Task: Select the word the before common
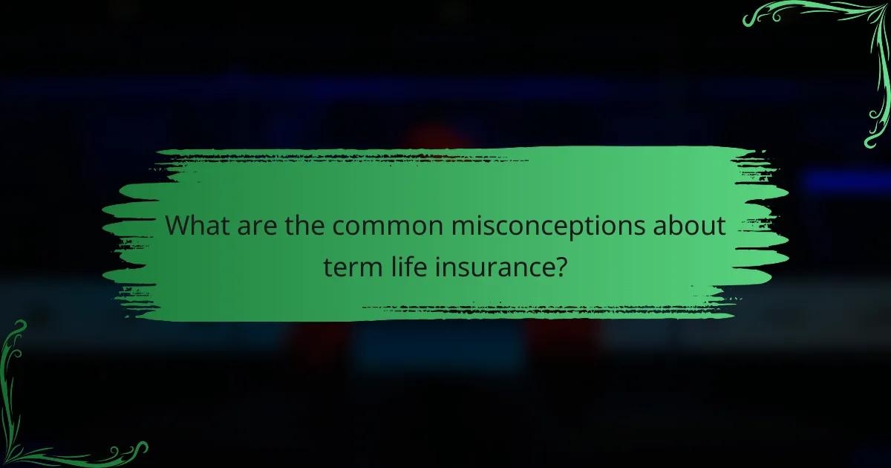coord(303,227)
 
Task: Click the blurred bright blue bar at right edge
coord(846,181)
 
